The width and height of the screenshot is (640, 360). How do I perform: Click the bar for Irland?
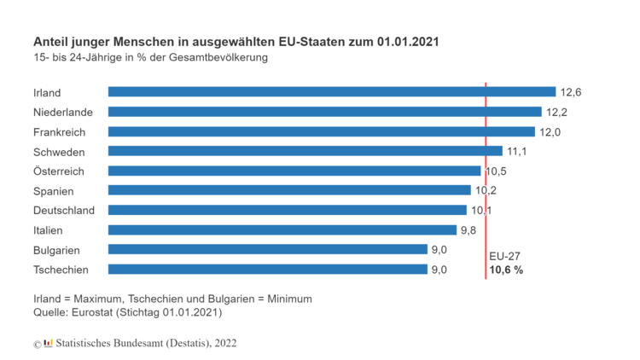(332, 92)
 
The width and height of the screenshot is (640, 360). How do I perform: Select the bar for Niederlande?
(324, 112)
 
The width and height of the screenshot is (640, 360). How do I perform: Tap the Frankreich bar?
(321, 131)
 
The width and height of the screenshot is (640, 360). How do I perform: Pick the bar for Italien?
(282, 229)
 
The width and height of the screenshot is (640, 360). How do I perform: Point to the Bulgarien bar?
(267, 249)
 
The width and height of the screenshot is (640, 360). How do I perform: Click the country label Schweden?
(59, 151)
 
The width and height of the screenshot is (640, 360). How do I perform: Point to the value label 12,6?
(570, 92)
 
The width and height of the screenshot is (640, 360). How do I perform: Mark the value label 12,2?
(556, 112)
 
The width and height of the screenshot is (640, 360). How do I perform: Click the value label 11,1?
(515, 151)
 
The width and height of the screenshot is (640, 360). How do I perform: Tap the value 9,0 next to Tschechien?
(439, 270)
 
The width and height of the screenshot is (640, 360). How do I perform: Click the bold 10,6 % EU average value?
(505, 270)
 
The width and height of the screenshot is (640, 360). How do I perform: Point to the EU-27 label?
(504, 256)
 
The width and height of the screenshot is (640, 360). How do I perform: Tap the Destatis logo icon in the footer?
(48, 343)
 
